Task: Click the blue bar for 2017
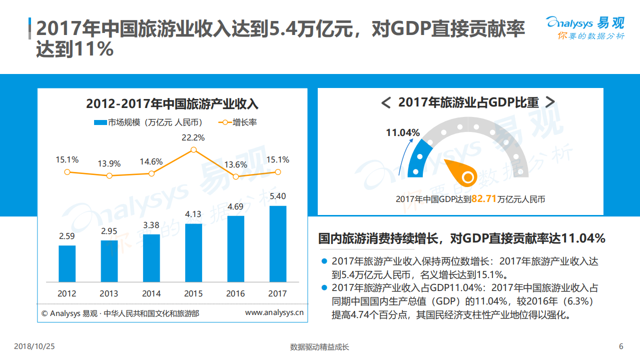278,243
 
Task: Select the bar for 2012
67,263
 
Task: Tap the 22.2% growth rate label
193,137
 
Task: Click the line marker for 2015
194,149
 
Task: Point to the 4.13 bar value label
193,214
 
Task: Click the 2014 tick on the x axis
151,293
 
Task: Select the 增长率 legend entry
238,122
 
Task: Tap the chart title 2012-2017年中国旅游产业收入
172,104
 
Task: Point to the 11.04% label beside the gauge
402,132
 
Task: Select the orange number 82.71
483,199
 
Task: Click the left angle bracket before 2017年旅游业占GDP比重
385,103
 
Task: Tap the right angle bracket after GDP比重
549,102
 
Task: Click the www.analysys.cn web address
274,313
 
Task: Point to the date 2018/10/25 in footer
34,346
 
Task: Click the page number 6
621,346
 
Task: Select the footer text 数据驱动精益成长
319,347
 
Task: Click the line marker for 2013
109,175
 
